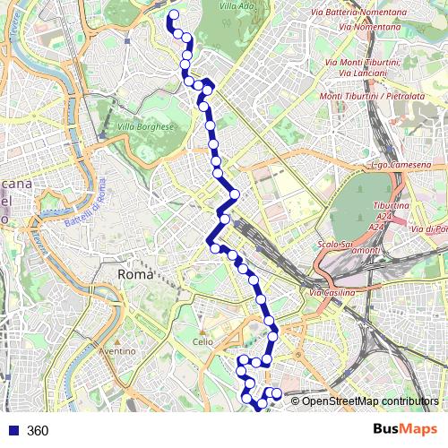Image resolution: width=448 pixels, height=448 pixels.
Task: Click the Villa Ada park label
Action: tap(237, 6)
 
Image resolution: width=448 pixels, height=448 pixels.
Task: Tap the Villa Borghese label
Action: tap(145, 127)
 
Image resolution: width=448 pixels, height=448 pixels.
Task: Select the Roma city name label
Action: tap(137, 274)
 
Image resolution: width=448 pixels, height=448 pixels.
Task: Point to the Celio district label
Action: tap(202, 341)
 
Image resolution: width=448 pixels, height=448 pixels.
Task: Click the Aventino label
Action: tap(118, 351)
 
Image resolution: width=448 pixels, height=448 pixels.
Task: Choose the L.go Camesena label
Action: tap(401, 166)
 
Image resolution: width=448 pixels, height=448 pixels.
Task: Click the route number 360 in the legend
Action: tap(38, 431)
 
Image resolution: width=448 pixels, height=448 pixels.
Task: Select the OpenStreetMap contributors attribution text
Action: tap(370, 401)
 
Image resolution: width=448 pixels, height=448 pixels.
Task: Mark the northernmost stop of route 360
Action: tap(172, 14)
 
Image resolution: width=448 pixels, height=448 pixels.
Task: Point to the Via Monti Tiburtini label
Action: tap(357, 61)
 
